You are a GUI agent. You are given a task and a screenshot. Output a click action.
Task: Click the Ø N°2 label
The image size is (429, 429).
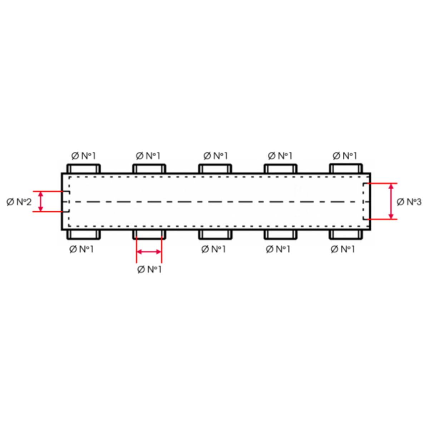pos(19,202)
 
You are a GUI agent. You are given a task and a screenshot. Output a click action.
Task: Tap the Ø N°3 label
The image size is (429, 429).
pos(409,202)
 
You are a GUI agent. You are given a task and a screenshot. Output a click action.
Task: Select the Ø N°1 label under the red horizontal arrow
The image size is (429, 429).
pos(149,269)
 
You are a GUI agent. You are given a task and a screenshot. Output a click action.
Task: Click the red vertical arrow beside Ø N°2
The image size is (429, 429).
pos(40,202)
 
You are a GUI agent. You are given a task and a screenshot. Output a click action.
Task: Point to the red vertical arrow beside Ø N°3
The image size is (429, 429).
pos(391,201)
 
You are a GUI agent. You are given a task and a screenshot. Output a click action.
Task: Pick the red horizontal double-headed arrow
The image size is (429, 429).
pos(149,252)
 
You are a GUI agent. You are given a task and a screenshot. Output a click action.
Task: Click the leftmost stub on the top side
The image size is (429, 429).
pos(84,169)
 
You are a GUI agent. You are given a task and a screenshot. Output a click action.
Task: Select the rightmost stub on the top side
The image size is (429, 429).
pos(346,169)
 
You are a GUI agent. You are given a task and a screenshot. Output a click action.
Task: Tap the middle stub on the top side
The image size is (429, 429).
pos(215,169)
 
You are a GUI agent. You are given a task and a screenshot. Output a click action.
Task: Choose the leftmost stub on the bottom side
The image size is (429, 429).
pos(84,235)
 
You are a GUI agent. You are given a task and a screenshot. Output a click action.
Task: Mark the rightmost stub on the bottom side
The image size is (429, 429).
pos(346,235)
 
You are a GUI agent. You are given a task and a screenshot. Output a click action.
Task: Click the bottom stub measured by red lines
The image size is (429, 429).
pos(149,235)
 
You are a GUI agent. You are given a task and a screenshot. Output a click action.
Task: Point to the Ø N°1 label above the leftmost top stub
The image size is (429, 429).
pos(84,156)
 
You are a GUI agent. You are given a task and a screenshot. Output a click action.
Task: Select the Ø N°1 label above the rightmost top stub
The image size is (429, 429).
pos(345,156)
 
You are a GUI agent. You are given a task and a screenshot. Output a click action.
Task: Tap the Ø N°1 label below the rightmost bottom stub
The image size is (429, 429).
pos(343,249)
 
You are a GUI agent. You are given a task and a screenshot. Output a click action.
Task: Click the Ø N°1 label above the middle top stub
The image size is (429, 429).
pos(216,156)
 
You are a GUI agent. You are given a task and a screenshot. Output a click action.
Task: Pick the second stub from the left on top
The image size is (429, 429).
pos(149,169)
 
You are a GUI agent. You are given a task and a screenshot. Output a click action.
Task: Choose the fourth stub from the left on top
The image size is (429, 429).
pos(280,169)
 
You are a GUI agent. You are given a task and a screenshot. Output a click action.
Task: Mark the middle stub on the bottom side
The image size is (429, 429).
pos(215,235)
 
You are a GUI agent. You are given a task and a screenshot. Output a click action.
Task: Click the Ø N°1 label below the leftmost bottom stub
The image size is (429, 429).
pos(82,249)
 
